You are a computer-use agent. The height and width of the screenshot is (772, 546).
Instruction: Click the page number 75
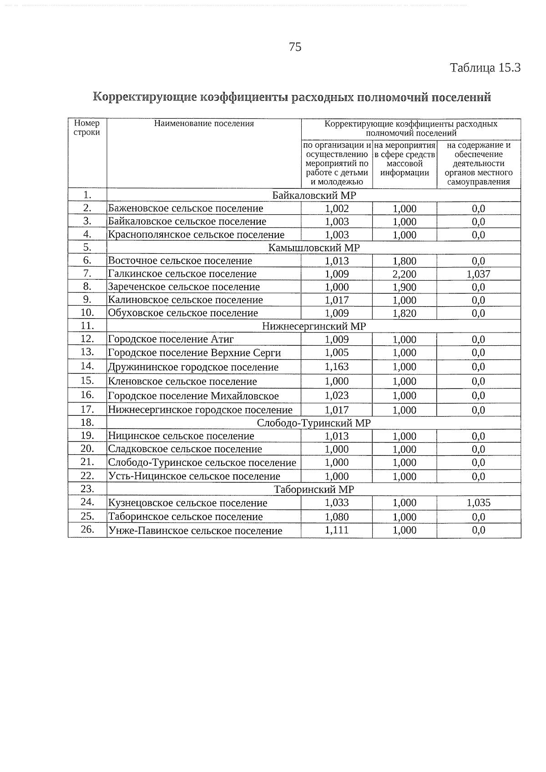point(295,47)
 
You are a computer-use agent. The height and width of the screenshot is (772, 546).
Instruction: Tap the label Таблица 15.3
point(485,68)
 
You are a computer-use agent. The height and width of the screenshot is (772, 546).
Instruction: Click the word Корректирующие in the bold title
point(145,97)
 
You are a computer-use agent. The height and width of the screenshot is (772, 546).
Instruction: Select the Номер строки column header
point(87,128)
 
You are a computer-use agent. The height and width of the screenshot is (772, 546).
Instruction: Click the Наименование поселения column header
point(204,123)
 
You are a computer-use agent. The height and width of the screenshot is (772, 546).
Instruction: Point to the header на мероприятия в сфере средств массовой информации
point(404,159)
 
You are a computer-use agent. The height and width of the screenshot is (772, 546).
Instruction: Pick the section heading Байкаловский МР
point(314,195)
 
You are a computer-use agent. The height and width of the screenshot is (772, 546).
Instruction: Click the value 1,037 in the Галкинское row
point(478,274)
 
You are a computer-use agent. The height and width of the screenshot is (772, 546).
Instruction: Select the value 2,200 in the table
point(404,274)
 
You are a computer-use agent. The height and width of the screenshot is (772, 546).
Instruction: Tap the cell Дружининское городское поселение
point(193,367)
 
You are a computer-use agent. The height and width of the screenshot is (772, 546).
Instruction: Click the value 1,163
point(337,367)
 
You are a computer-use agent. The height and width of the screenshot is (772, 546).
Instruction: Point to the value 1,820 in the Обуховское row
point(404,313)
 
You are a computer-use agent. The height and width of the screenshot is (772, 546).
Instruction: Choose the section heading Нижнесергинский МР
point(314,326)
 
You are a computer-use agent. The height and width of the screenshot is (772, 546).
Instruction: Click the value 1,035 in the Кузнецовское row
point(478,503)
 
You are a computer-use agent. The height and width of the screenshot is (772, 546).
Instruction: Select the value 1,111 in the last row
point(337,530)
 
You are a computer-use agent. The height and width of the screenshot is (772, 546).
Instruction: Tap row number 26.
point(87,530)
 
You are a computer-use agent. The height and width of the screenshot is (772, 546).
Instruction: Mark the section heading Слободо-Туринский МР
point(314,423)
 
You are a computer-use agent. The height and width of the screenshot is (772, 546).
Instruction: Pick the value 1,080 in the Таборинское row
point(337,517)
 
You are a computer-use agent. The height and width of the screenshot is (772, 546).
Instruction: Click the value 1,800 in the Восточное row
point(404,261)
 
